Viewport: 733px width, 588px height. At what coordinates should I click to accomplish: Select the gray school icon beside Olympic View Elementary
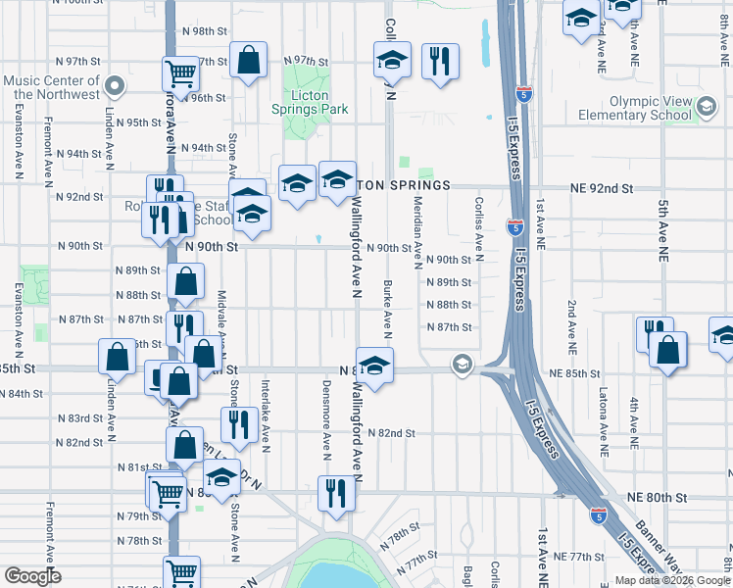pos(704,107)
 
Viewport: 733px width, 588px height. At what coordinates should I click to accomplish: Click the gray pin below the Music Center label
pos(115,86)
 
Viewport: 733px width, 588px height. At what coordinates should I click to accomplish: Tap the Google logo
pos(32,576)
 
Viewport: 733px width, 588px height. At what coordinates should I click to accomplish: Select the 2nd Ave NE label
pos(569,324)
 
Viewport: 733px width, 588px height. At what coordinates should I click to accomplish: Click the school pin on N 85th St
pos(373,365)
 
